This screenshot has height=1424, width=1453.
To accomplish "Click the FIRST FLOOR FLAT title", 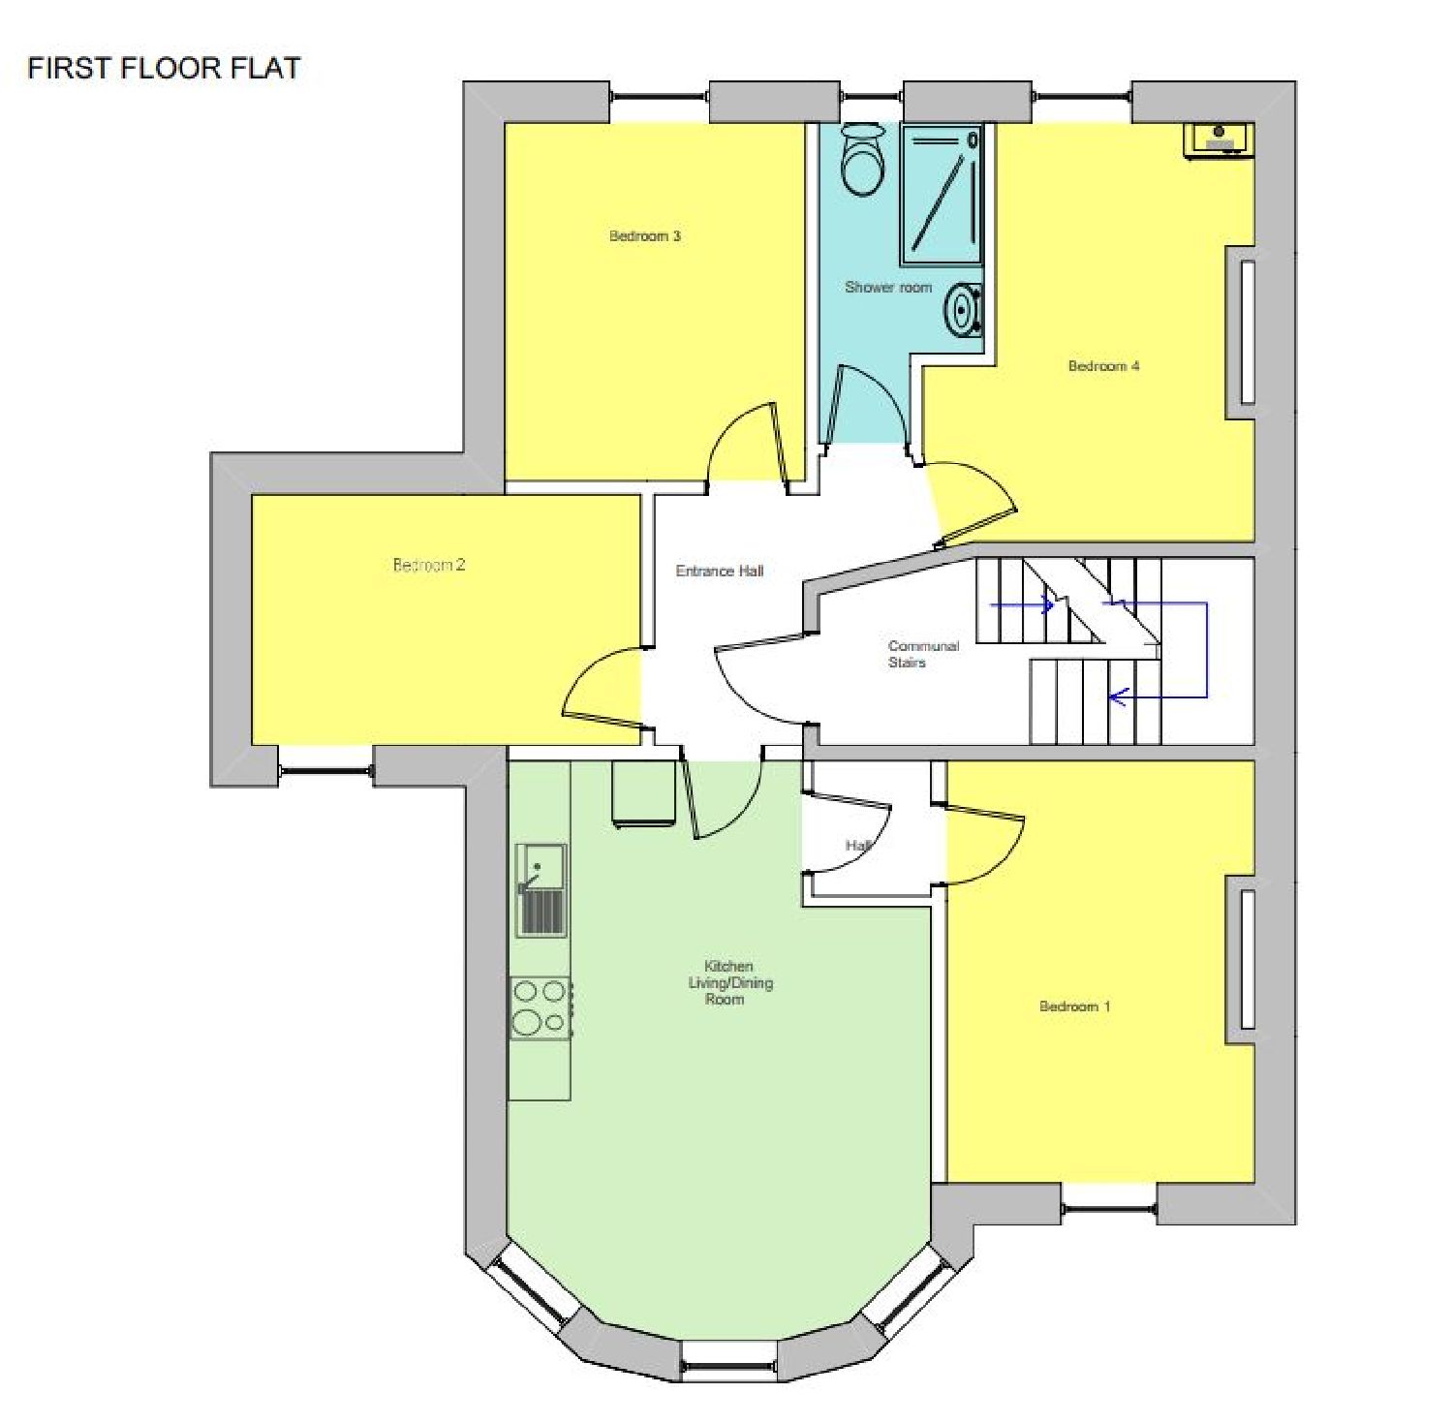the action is (x=164, y=68).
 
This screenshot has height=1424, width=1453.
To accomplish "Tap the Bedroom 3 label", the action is (x=645, y=235).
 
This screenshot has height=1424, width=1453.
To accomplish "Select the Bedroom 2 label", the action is (x=429, y=565).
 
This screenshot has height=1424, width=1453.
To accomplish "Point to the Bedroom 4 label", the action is (x=1103, y=365).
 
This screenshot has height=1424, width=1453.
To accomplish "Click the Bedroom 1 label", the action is (x=1074, y=1006).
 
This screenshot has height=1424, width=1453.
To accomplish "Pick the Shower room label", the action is (x=888, y=287).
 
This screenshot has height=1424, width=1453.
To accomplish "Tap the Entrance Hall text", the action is (x=720, y=571).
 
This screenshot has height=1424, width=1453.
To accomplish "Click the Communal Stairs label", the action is (x=923, y=654).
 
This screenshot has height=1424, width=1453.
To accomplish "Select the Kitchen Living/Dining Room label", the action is (x=729, y=982).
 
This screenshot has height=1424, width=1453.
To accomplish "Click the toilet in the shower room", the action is (x=862, y=159).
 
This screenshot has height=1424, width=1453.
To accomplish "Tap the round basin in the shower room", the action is (x=964, y=309).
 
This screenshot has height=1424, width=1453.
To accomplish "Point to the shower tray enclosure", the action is (x=941, y=194).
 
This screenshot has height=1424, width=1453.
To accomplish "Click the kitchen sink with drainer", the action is (x=541, y=890).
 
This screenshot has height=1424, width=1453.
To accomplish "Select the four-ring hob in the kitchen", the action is (x=541, y=1007).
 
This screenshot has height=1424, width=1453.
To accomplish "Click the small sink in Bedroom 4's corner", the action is (x=1219, y=139).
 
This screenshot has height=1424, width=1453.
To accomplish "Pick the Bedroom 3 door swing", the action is (x=744, y=442).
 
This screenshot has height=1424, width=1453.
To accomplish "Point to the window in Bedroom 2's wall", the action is (x=326, y=772).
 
